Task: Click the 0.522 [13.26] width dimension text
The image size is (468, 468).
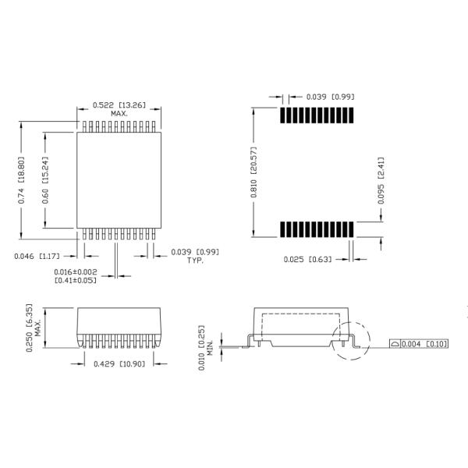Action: coord(119,105)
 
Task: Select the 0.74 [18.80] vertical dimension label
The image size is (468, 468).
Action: coord(21,180)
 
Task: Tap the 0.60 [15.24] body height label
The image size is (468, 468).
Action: coord(45,180)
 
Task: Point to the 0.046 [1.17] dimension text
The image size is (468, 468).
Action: coord(37,256)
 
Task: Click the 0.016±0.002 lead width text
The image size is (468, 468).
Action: coord(76,272)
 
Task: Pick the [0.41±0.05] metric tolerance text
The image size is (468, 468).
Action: coord(76,280)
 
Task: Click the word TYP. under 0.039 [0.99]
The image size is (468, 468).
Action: coord(195,261)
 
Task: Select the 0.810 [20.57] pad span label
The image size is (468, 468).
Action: coord(253,172)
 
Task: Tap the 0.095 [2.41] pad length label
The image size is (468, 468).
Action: coord(381,181)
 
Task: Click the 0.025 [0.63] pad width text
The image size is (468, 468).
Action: coord(307,259)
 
